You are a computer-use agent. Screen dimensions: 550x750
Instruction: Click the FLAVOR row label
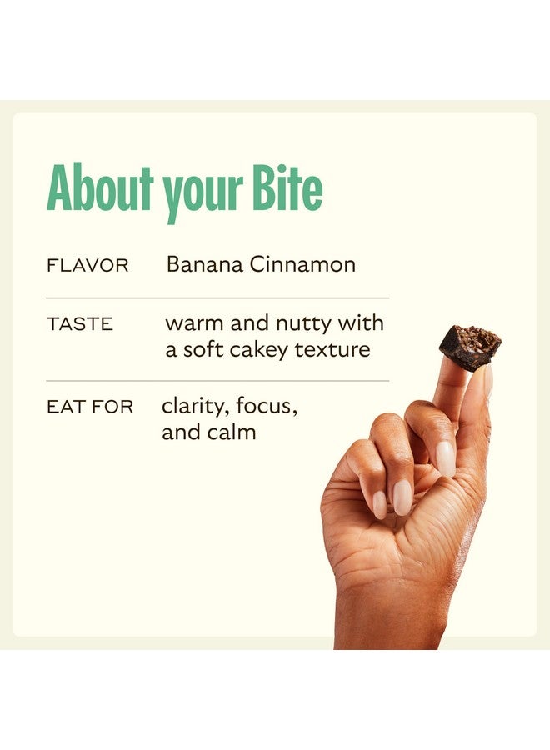click(x=87, y=266)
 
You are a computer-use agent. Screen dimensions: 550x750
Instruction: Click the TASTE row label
click(x=80, y=324)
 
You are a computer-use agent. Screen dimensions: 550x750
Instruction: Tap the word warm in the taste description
click(x=195, y=323)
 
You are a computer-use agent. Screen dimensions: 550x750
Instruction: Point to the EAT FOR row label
click(x=90, y=407)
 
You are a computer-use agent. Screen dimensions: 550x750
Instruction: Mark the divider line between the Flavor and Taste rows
click(x=217, y=298)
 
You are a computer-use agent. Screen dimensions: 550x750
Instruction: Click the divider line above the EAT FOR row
click(x=217, y=381)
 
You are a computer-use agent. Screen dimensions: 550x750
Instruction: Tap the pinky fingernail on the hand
click(x=380, y=505)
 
